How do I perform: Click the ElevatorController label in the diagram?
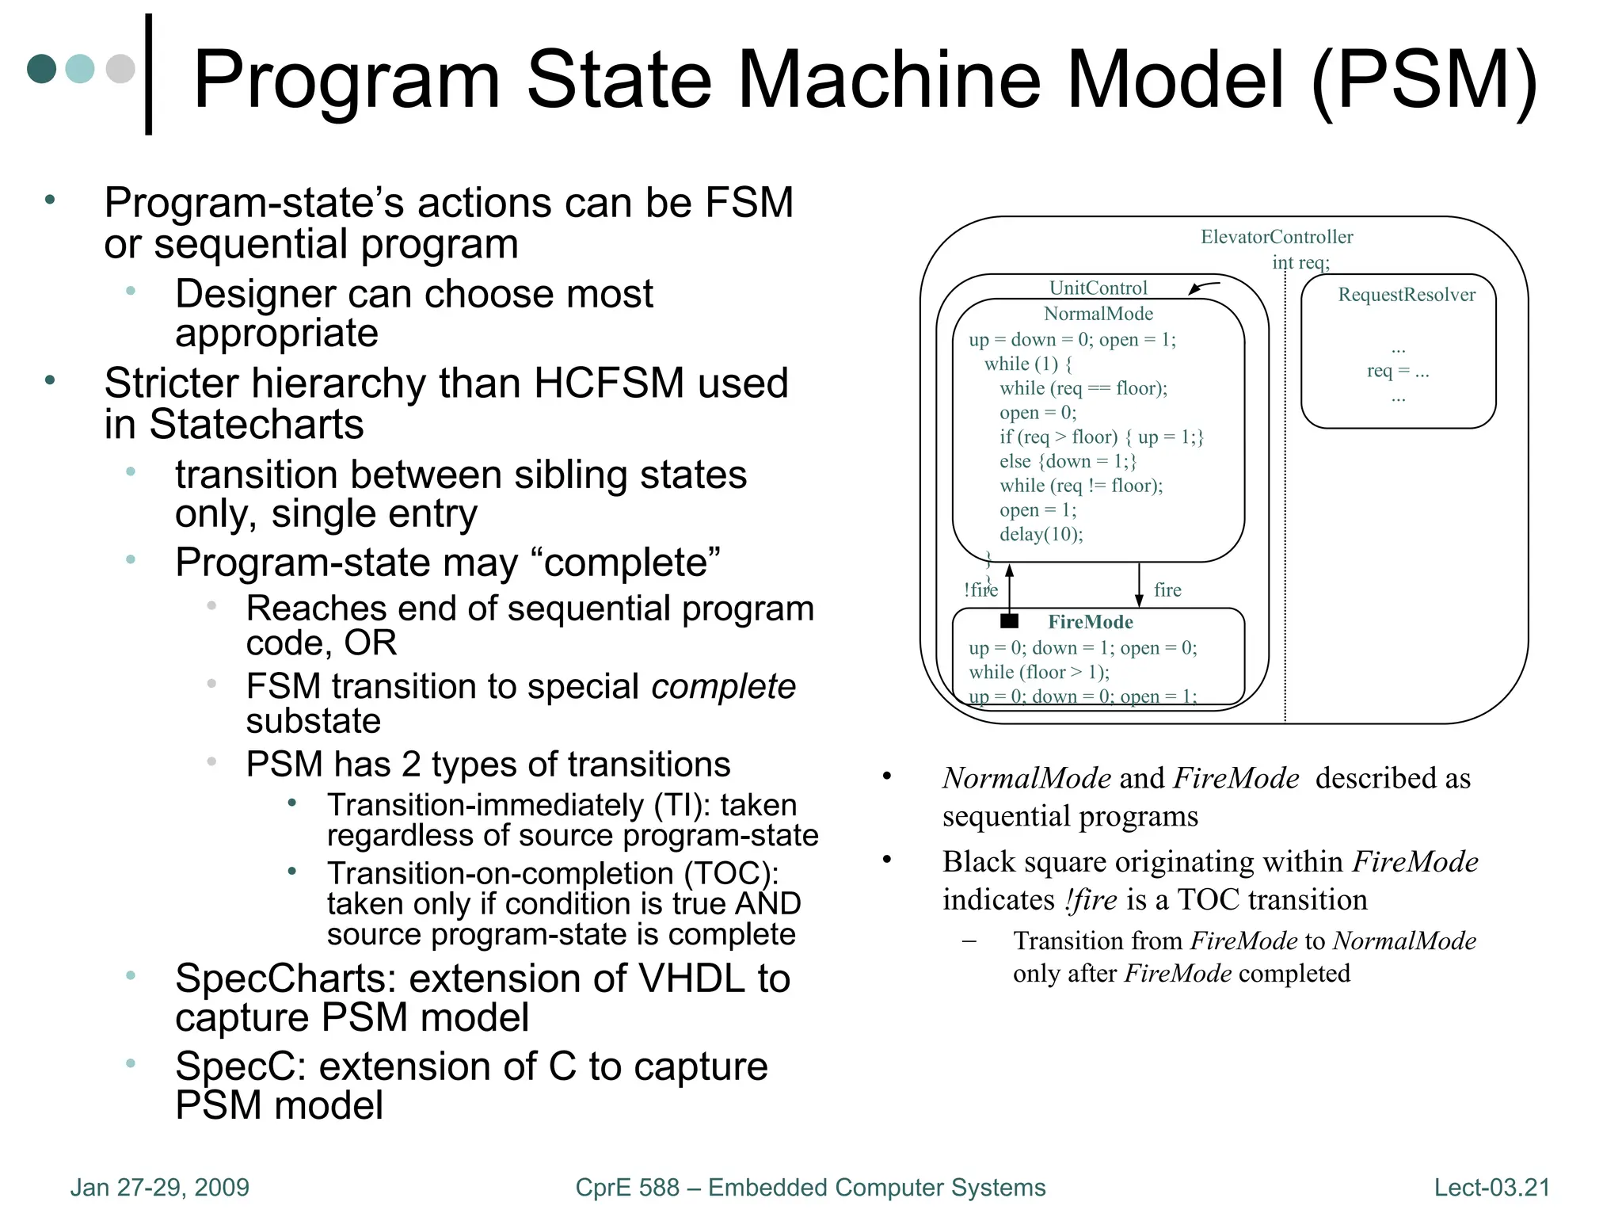(1276, 237)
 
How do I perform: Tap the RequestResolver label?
(1406, 295)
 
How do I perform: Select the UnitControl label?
(1098, 288)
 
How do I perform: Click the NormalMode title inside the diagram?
(1098, 314)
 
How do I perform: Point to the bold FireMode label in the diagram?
(1090, 622)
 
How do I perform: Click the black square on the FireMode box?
(1009, 620)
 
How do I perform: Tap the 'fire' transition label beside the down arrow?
(1167, 589)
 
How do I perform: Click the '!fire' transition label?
(980, 589)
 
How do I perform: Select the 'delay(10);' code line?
(1041, 534)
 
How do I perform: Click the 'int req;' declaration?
(1300, 262)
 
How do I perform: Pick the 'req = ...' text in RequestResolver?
(1398, 371)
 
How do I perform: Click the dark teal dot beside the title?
(42, 69)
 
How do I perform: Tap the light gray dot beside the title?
(120, 69)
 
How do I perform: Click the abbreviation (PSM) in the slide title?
(1423, 79)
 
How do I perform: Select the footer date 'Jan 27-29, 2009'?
(160, 1187)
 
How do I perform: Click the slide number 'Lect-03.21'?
(1491, 1187)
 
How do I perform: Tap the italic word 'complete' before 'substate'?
(723, 686)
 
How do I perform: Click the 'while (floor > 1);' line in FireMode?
(1039, 672)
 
